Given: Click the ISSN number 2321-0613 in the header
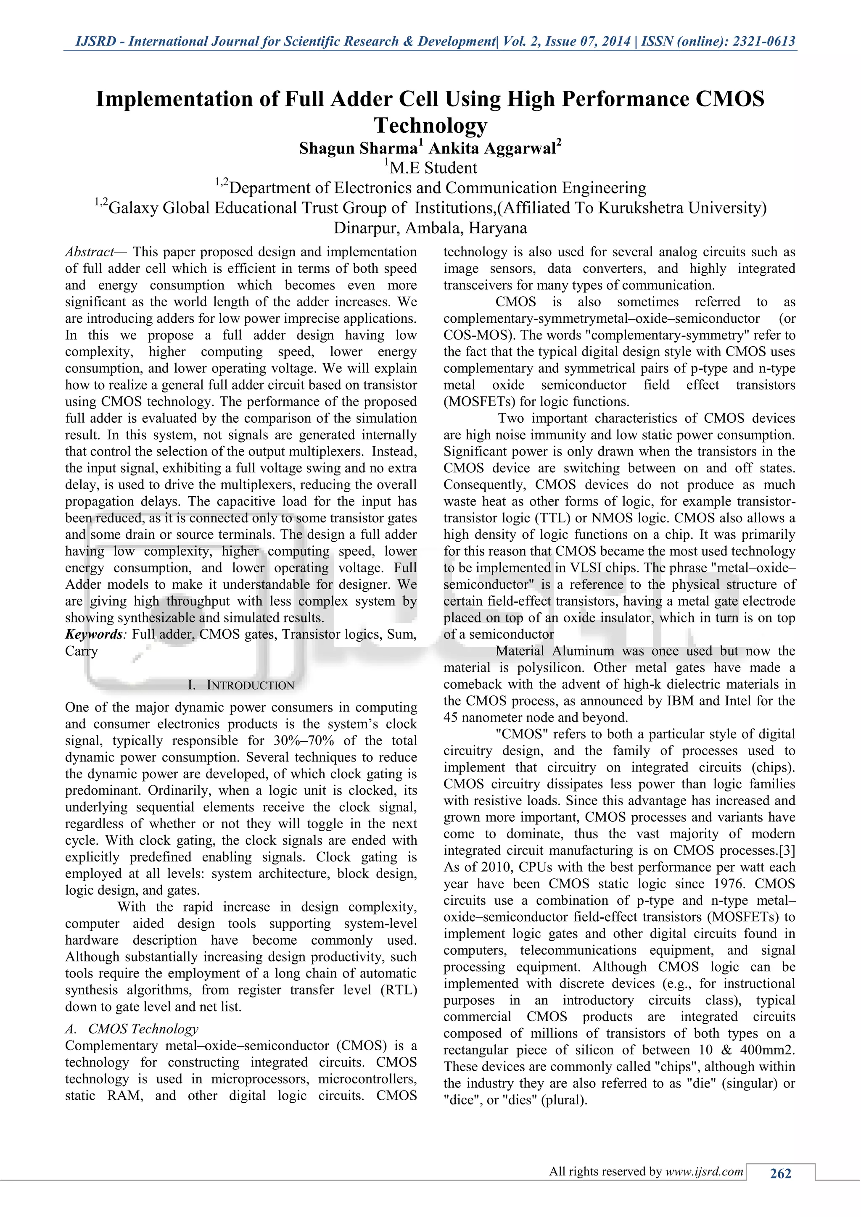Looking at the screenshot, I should point(763,41).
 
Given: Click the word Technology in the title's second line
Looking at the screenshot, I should point(430,125).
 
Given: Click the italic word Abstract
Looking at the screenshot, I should point(89,252).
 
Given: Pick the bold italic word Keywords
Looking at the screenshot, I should point(94,635).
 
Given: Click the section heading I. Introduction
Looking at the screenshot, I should point(241,685).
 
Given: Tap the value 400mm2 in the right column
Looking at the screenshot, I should point(766,1050).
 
